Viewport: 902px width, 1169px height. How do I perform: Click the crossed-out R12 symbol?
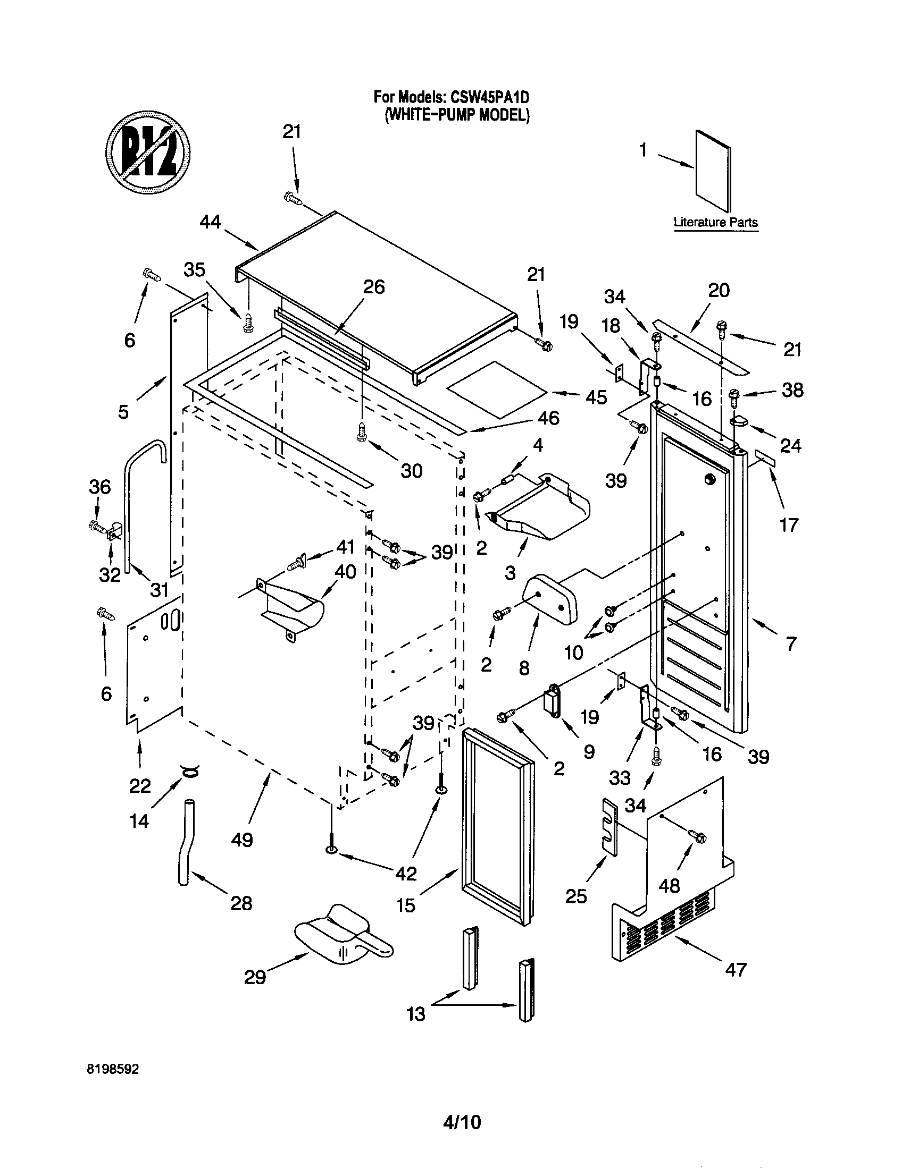click(x=148, y=152)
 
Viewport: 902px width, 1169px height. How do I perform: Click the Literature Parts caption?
click(x=716, y=222)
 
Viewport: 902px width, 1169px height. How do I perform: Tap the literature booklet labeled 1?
click(x=712, y=170)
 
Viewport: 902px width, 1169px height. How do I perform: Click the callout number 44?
click(x=210, y=222)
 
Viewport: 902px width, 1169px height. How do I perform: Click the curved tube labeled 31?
click(x=129, y=498)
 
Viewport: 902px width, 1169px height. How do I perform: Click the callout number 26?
click(x=374, y=287)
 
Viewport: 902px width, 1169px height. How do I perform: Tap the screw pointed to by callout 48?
click(x=697, y=835)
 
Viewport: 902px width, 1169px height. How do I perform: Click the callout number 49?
click(x=241, y=839)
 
